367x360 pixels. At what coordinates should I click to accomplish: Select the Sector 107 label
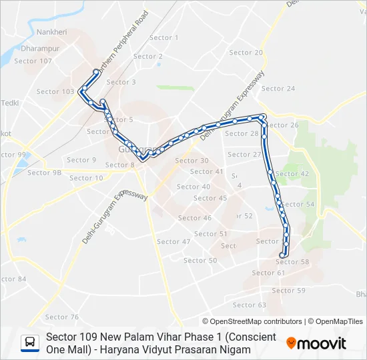33,61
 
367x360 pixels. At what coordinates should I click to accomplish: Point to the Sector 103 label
55,92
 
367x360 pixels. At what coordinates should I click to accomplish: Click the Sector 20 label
246,53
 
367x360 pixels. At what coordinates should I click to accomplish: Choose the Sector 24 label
278,89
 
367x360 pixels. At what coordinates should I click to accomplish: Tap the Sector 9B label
45,173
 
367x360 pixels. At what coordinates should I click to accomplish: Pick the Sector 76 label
62,317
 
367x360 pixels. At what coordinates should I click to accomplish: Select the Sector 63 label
250,305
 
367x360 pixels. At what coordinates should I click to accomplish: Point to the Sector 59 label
288,291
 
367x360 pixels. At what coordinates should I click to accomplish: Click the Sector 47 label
174,242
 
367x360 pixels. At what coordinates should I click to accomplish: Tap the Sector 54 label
298,205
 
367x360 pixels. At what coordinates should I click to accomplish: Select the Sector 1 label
164,38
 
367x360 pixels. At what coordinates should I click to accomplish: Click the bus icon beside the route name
30,343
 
